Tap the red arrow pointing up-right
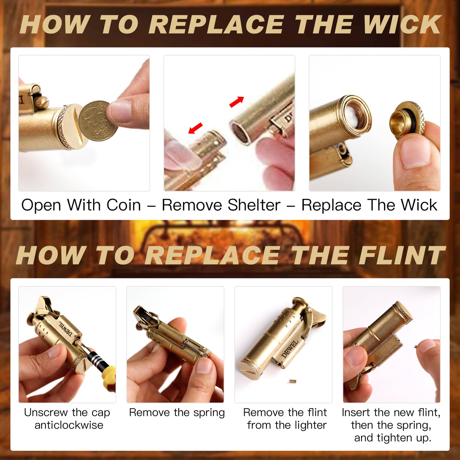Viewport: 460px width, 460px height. [x=237, y=102]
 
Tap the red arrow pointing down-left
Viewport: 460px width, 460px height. [x=195, y=128]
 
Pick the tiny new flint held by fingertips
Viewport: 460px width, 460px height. [x=416, y=346]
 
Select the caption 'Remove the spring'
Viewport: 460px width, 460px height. [x=177, y=413]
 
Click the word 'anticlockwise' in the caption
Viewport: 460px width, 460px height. [x=69, y=425]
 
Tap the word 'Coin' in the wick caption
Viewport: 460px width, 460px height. [x=124, y=205]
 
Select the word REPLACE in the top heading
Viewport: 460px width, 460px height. [x=216, y=25]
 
